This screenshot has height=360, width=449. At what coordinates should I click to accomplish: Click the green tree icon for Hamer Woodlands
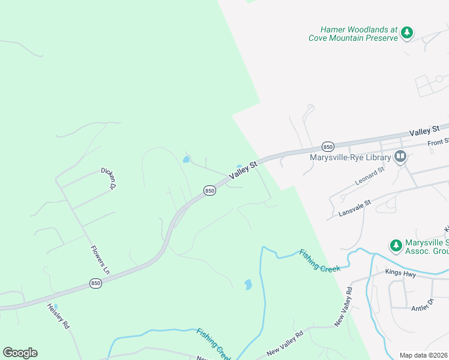point(407,32)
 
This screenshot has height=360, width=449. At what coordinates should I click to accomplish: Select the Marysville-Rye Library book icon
point(400,157)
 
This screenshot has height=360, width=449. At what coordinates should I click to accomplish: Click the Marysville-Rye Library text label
point(350,158)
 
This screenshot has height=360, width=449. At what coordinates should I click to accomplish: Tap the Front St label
point(438,142)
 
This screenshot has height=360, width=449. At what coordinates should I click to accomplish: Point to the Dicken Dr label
point(108,178)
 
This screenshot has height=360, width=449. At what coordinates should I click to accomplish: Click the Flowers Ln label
point(100,260)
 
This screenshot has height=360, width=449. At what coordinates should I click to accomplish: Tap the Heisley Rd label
point(59,316)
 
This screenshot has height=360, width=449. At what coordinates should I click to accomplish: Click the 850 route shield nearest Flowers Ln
point(95,283)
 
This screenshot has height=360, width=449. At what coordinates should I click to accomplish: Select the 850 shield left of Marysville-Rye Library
point(328,146)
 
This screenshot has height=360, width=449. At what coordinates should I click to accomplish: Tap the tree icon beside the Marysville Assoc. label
point(396,245)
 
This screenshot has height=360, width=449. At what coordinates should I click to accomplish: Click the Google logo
point(20,353)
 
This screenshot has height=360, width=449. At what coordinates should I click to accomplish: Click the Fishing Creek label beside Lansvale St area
point(320,260)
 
